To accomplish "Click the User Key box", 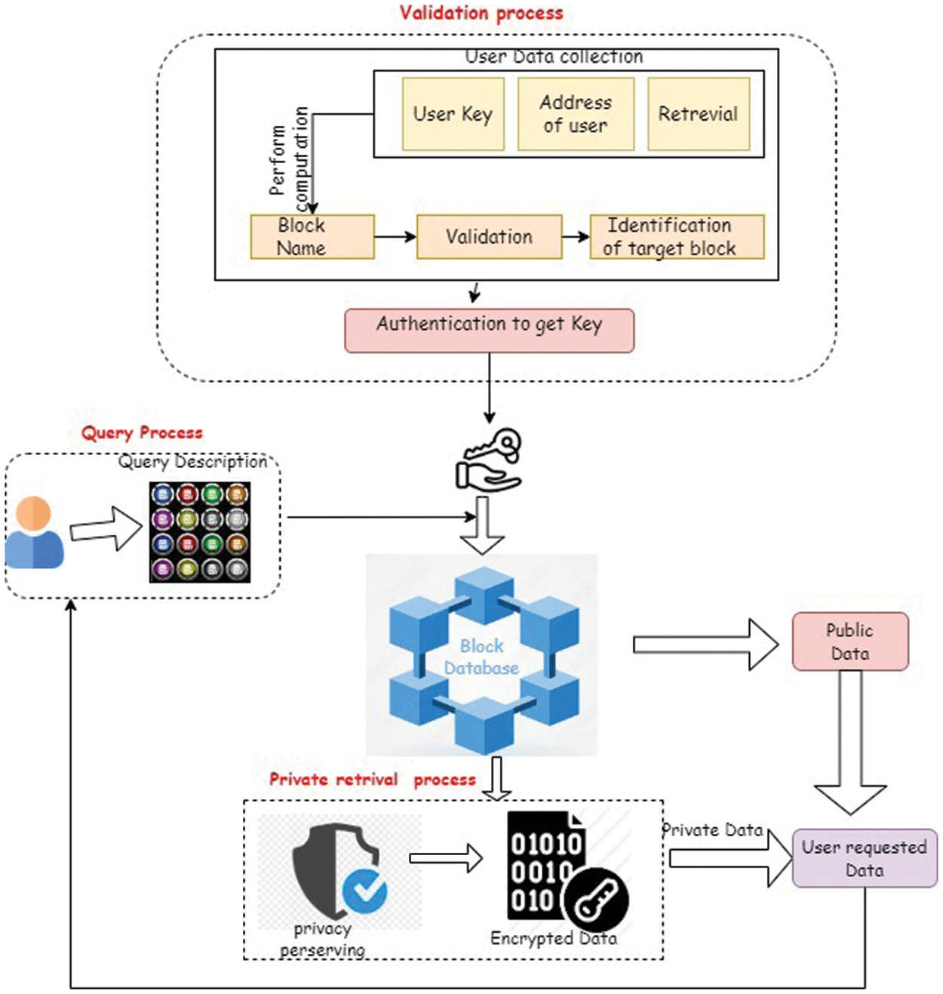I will point(453,114).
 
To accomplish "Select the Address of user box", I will point(576,114).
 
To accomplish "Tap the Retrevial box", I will point(699,114).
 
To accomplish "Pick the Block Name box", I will point(312,237).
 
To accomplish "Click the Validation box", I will point(489,237).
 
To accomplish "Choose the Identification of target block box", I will point(677,237).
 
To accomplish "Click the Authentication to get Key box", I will point(489,331).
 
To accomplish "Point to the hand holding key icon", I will point(489,460).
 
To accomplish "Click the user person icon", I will point(35,533).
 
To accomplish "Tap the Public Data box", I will point(850,642).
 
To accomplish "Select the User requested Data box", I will point(865,858).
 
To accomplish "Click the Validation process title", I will point(481,13).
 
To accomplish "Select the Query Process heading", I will point(143,432).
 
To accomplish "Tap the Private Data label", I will point(713,830).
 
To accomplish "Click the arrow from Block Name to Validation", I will point(395,237).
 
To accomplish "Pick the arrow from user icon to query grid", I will point(106,528).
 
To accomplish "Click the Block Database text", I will point(481,657).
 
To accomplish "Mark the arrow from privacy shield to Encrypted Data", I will point(446,858).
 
